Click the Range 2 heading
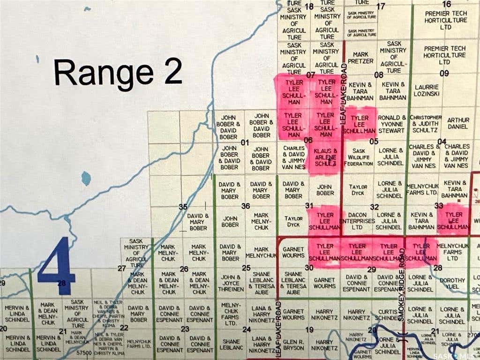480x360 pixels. point(118,73)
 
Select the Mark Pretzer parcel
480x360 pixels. point(360,58)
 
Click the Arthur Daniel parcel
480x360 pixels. point(457,123)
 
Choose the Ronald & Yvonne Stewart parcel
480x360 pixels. point(392,124)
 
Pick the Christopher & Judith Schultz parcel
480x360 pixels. point(425,124)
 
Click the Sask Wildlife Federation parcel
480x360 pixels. point(359,157)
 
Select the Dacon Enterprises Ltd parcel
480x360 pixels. point(358,220)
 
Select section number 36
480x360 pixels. point(245,206)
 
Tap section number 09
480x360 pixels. point(444,74)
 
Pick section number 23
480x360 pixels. point(185,329)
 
